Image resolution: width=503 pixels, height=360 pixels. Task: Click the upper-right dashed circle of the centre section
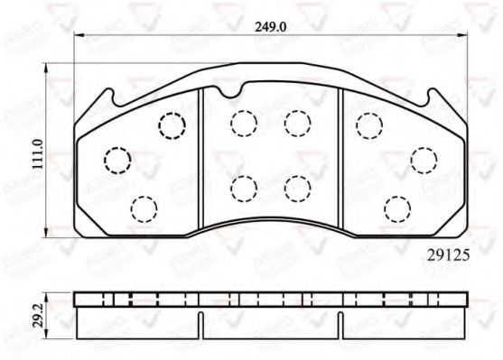[x=295, y=121]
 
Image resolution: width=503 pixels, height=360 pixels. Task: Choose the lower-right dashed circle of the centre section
[x=295, y=188]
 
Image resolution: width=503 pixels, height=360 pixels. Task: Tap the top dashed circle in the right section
[x=368, y=125]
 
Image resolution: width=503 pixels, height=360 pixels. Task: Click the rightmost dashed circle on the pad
[x=423, y=160]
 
